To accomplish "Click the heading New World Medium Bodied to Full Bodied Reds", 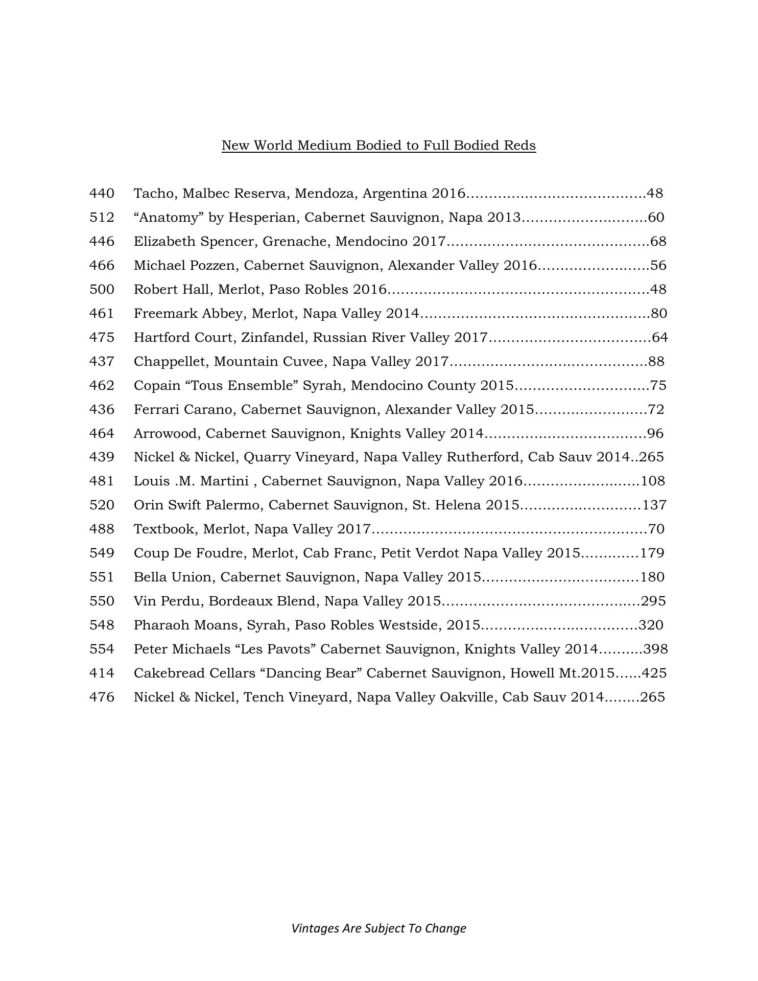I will pos(378,146).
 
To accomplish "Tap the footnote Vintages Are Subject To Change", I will pos(378,928).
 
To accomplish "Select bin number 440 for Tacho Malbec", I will pos(102,194).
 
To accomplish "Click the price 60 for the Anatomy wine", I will pos(656,218).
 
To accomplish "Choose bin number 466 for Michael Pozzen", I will pos(102,266).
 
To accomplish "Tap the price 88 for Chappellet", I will pos(656,362).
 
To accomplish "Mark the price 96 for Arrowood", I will pos(655,434).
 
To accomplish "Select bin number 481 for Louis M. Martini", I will pos(102,481).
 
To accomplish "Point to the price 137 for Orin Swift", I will pos(654,505).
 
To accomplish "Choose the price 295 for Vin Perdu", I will pos(653,601).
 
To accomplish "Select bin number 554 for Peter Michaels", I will pos(102,649).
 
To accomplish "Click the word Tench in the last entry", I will pos(264,697).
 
